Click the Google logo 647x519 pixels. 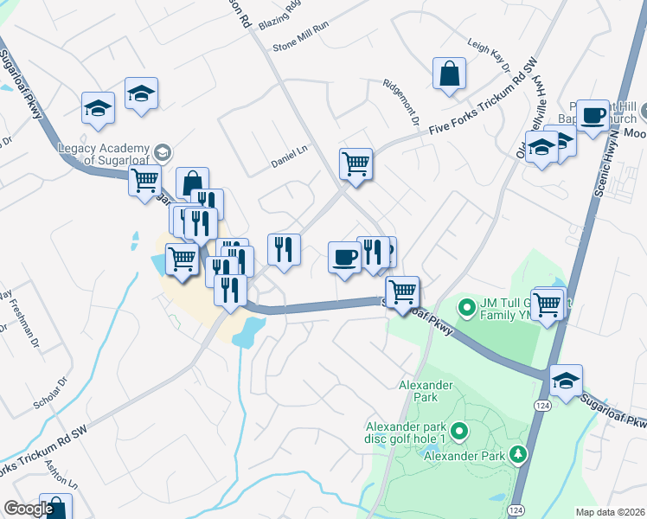(29, 509)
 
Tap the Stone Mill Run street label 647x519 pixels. (301, 49)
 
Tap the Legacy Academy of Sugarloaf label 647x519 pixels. (104, 154)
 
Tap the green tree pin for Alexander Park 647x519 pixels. (518, 453)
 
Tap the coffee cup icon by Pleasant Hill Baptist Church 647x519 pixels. (593, 114)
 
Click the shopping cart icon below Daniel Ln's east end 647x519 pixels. (356, 163)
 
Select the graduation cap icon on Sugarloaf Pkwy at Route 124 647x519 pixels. (566, 381)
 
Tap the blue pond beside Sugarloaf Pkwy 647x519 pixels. (248, 330)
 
